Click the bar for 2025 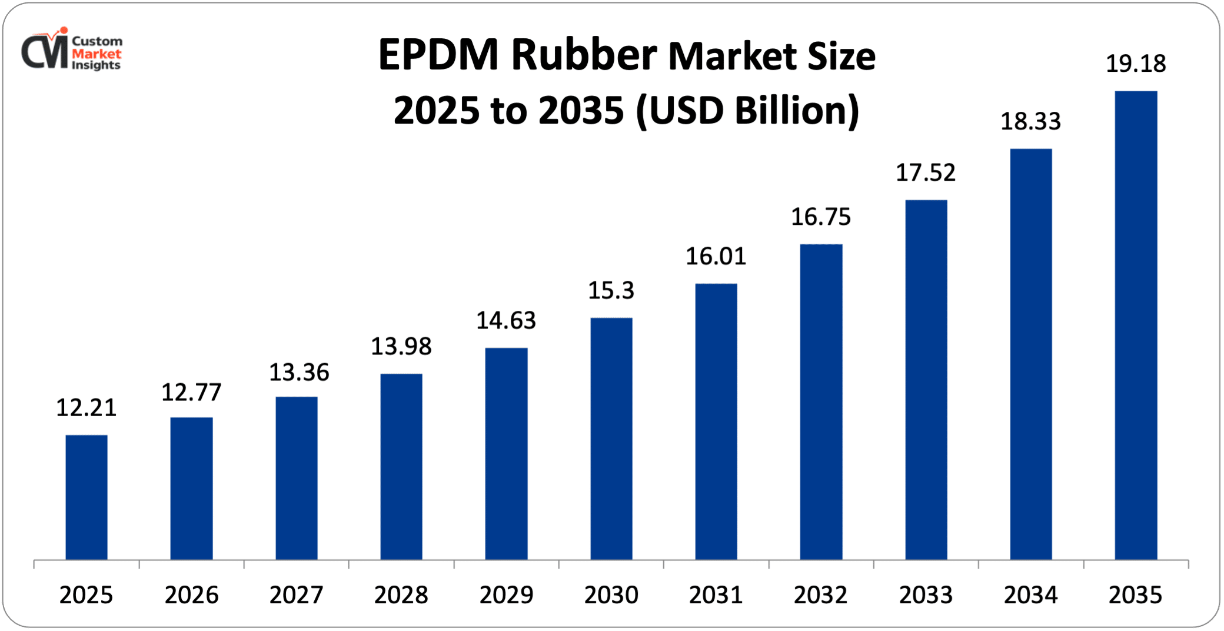click(87, 497)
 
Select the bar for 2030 click(611, 439)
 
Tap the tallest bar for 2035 click(1136, 325)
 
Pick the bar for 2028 click(401, 466)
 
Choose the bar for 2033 click(926, 380)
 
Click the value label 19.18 click(1136, 64)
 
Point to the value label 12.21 click(87, 407)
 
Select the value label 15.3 click(611, 290)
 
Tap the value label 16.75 click(821, 217)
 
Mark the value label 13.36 click(299, 372)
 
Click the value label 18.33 click(1031, 121)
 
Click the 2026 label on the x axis click(191, 595)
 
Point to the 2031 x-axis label click(716, 595)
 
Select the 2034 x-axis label click(1031, 595)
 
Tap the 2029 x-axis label click(506, 595)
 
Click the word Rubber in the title click(584, 55)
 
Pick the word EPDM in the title click(438, 55)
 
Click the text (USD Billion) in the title click(747, 110)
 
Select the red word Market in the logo click(97, 54)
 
